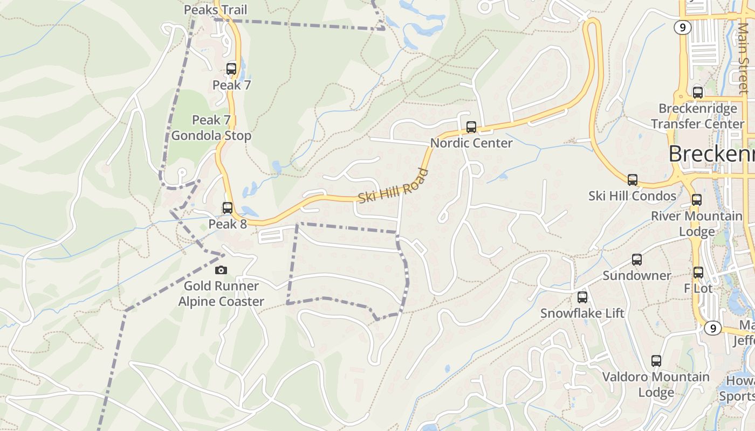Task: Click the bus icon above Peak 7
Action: [x=231, y=68]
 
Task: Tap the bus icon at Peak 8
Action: [x=228, y=207]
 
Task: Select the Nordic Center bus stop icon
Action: [x=471, y=127]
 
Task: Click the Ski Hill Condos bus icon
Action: [x=633, y=179]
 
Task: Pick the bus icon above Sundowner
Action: [x=637, y=260]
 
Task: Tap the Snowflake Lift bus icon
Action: [x=582, y=297]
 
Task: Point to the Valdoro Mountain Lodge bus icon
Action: [x=656, y=360]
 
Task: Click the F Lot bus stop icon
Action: [x=698, y=272]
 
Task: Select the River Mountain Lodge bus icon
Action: [x=697, y=200]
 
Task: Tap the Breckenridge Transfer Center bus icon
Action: [x=698, y=92]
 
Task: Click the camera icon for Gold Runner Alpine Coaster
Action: [x=221, y=270]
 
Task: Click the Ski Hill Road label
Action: [x=394, y=186]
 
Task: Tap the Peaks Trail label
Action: [x=215, y=10]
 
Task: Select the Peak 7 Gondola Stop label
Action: [x=211, y=128]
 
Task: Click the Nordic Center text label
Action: [x=471, y=143]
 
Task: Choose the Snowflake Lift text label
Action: [x=582, y=313]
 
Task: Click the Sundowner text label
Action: [x=637, y=276]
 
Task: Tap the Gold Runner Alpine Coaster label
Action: [x=221, y=294]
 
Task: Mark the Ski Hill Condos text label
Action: [x=633, y=196]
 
